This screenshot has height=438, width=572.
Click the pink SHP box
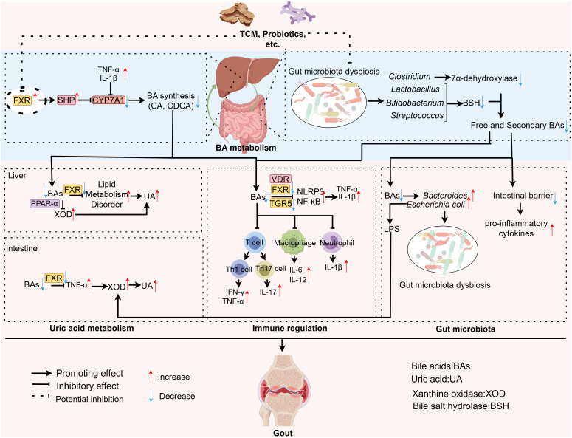coord(66,100)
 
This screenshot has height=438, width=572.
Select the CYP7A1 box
coord(108,100)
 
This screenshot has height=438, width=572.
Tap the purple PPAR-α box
coord(44,203)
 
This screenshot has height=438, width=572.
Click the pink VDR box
coord(280,179)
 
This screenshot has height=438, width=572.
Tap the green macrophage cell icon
coord(294,242)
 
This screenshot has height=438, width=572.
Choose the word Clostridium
coord(410,77)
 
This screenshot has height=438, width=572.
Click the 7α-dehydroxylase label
coord(484,78)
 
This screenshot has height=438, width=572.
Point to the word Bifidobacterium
coord(415,103)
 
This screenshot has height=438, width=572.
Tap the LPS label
coord(392,229)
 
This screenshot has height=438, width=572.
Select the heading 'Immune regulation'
coord(289,328)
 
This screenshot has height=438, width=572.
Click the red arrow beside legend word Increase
coord(151,377)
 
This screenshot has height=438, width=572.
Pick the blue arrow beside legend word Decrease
coord(151,396)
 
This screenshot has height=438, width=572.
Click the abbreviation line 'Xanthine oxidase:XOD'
coord(459,394)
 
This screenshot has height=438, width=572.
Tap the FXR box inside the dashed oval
coord(22,100)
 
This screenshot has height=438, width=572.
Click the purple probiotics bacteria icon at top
coord(300,12)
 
